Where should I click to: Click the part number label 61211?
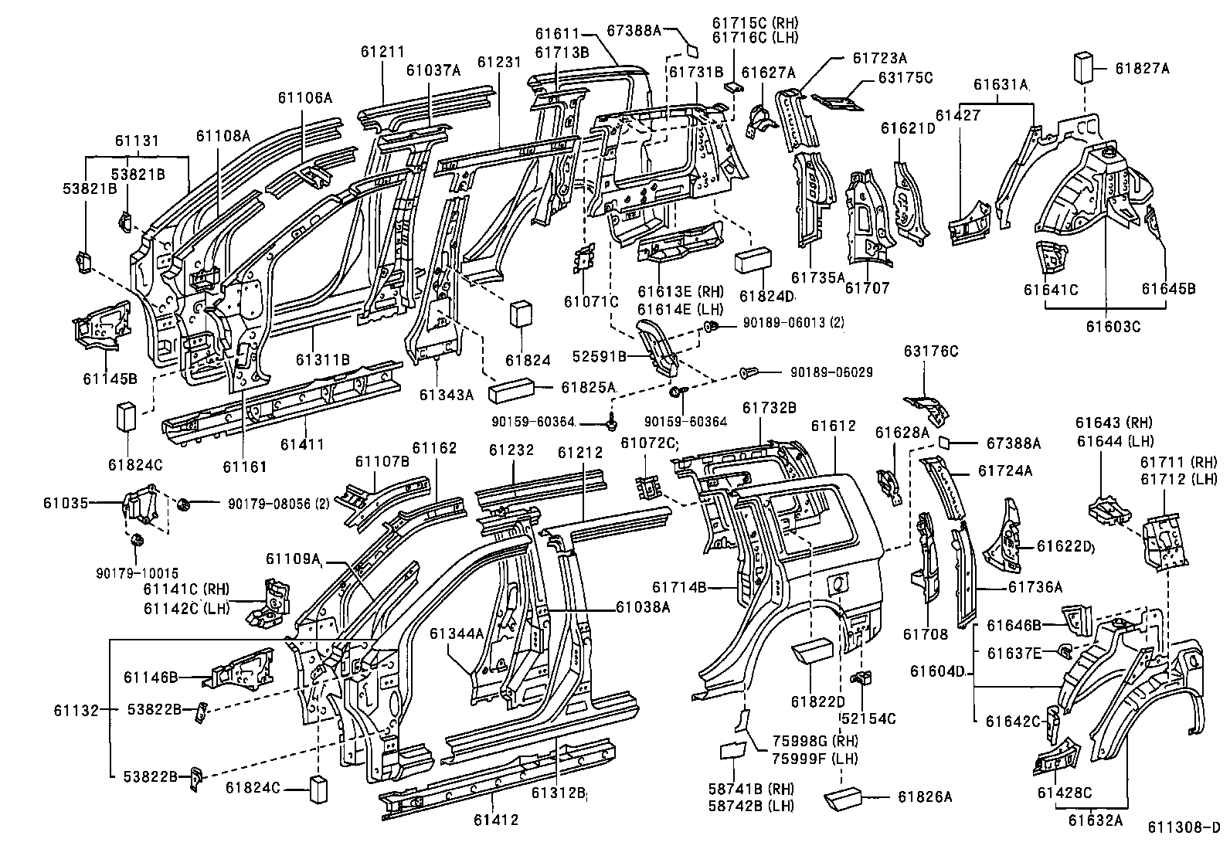pyautogui.click(x=382, y=52)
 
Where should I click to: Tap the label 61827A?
pyautogui.click(x=1142, y=69)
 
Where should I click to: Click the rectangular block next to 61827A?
pyautogui.click(x=1085, y=68)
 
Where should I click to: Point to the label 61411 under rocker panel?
pyautogui.click(x=302, y=444)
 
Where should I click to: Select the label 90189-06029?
pyautogui.click(x=831, y=372)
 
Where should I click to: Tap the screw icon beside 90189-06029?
pyautogui.click(x=751, y=373)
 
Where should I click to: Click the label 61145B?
pyautogui.click(x=110, y=379)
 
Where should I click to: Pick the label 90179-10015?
pyautogui.click(x=138, y=573)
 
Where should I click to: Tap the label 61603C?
pyautogui.click(x=1113, y=326)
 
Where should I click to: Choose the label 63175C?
pyautogui.click(x=906, y=77)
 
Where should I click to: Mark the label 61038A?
pyautogui.click(x=643, y=607)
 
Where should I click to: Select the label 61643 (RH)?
pyautogui.click(x=1113, y=423)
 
